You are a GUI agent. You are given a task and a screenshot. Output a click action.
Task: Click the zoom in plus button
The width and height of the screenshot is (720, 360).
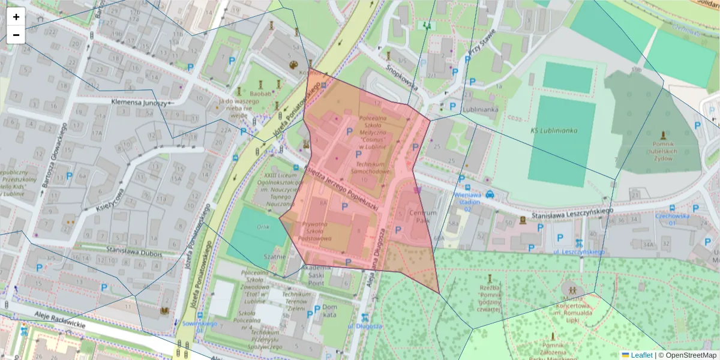click(x=16, y=17)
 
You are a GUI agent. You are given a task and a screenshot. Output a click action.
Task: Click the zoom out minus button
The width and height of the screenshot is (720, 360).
click(x=16, y=35)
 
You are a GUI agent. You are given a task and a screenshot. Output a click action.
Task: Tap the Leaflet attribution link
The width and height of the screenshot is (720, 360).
click(x=641, y=355)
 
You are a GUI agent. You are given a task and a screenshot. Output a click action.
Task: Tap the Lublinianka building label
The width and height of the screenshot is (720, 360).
click(x=481, y=110)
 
